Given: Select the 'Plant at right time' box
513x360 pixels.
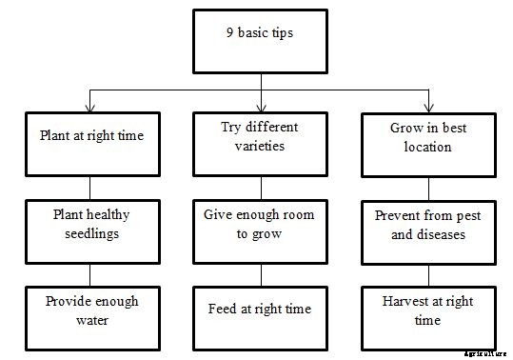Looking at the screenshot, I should pyautogui.click(x=91, y=143).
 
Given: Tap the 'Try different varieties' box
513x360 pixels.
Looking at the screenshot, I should pyautogui.click(x=260, y=143).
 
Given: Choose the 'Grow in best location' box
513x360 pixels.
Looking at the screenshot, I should pyautogui.click(x=428, y=143).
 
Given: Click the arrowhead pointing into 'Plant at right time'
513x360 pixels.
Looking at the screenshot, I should pyautogui.click(x=91, y=107).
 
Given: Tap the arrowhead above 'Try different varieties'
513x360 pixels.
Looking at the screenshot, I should pyautogui.click(x=260, y=107).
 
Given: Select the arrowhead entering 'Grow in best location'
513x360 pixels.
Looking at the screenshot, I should pyautogui.click(x=428, y=107).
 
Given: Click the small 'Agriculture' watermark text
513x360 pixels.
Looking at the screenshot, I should pyautogui.click(x=486, y=352).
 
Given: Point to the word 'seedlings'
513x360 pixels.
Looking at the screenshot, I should pyautogui.click(x=91, y=234).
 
